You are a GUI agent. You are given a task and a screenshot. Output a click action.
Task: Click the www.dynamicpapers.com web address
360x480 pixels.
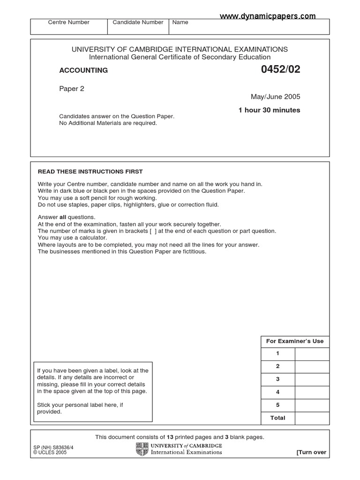268,16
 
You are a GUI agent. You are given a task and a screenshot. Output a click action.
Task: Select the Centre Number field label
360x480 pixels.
69,22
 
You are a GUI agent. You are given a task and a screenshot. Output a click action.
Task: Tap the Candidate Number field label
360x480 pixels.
138,22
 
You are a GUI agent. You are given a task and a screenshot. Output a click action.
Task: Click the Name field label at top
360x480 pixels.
180,22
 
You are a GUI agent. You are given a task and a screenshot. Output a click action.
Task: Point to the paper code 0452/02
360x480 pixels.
280,70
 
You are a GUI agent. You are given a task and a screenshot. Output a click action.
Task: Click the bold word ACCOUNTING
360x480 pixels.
83,70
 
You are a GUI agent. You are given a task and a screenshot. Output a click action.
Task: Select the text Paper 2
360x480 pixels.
72,89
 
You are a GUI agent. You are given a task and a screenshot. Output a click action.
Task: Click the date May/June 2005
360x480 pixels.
276,97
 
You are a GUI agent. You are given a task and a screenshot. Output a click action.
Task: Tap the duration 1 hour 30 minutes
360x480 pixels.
269,110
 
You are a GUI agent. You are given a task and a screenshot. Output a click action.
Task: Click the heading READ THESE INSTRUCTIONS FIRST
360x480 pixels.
90,172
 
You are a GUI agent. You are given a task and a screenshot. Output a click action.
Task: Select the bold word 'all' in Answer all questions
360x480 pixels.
63,217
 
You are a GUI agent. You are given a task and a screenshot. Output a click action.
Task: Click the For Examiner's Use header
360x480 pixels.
295,341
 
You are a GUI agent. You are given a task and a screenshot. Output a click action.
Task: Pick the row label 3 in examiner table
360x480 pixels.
278,379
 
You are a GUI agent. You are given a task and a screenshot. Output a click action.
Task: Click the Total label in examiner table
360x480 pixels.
278,418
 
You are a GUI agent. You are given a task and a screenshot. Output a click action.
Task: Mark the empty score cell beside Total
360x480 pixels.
312,418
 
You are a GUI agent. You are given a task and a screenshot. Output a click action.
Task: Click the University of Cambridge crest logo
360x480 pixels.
142,449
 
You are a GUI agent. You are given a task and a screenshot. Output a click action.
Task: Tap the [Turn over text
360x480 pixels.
311,452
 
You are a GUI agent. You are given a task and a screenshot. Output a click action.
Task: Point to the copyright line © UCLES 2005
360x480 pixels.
47,453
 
